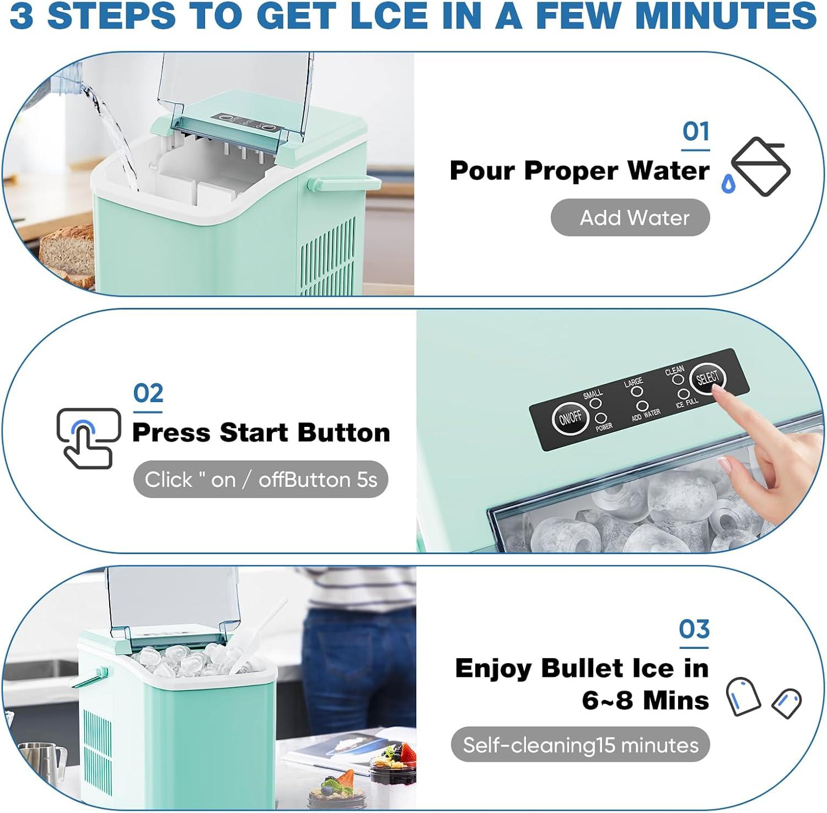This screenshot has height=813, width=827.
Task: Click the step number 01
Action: click(x=696, y=132)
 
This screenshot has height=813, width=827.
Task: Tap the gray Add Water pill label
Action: click(x=630, y=218)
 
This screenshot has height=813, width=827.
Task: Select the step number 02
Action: click(x=148, y=393)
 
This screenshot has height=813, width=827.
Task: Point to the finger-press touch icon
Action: click(x=88, y=438)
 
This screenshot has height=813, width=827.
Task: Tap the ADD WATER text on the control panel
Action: click(x=646, y=415)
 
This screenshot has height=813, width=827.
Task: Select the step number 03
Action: click(x=694, y=629)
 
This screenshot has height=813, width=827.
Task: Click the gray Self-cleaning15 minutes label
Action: click(x=580, y=745)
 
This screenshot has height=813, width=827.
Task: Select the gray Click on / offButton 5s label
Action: click(x=261, y=479)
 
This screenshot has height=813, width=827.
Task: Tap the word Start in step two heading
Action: click(x=254, y=432)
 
